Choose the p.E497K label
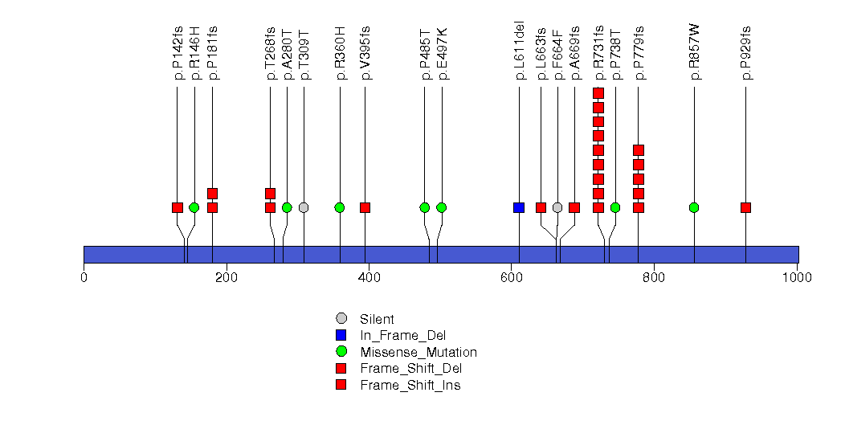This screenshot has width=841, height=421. [x=442, y=54]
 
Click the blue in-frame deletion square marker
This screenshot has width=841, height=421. [x=519, y=207]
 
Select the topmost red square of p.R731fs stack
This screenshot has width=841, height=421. [x=598, y=93]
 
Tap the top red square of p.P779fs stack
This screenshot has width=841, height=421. [x=639, y=150]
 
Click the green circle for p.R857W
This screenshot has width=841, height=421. [x=694, y=207]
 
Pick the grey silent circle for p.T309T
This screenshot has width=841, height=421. [x=304, y=207]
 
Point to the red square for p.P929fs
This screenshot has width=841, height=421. [x=745, y=207]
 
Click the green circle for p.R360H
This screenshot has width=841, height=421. [x=340, y=207]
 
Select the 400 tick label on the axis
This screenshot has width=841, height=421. [x=369, y=278]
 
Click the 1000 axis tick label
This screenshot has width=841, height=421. [x=797, y=278]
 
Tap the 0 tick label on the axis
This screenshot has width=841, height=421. [x=84, y=278]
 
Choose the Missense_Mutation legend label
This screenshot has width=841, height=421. [x=418, y=352]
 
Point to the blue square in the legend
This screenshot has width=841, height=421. [x=341, y=335]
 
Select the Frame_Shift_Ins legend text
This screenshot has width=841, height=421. [x=410, y=385]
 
